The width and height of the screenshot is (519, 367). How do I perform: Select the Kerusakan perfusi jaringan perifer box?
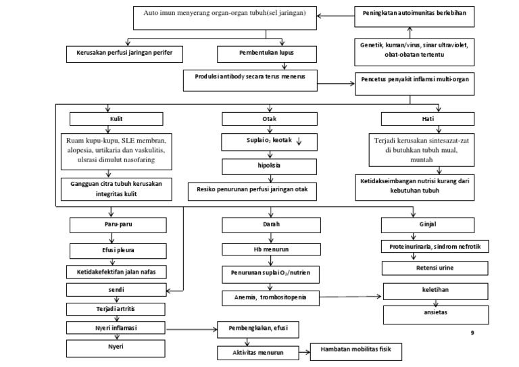pos(124,53)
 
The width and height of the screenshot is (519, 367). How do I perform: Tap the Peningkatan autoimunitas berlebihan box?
pos(412,14)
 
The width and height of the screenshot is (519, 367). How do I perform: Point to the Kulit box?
pos(116,118)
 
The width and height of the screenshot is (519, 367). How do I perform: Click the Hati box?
pos(427,118)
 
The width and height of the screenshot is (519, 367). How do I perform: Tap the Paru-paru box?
pos(118,224)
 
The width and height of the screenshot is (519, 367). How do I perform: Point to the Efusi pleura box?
pos(118,249)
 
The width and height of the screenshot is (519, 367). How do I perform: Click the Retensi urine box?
pos(435,268)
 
